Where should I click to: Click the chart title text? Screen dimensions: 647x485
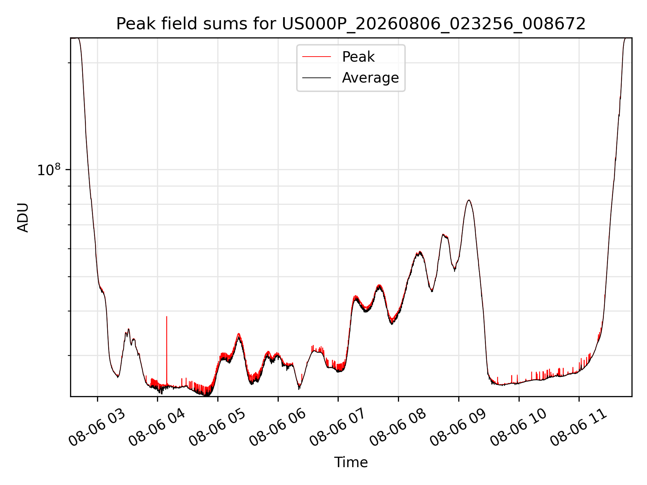click(351, 24)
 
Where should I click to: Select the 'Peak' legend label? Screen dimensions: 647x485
click(358, 57)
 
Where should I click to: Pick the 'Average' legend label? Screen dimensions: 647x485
click(370, 77)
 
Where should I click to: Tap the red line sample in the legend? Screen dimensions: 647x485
click(316, 57)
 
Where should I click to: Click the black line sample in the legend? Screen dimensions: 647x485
click(316, 78)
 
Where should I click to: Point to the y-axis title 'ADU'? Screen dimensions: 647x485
click(23, 217)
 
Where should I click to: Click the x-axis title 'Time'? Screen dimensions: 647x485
click(351, 462)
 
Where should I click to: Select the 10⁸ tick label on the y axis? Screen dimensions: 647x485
click(50, 169)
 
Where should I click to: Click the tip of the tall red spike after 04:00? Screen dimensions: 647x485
click(166, 317)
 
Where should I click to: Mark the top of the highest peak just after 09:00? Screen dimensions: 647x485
click(469, 200)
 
